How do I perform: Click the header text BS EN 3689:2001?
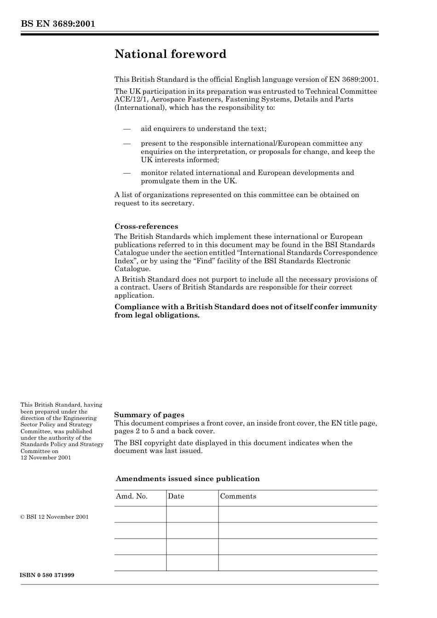[x=57, y=24]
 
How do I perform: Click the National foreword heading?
[x=170, y=54]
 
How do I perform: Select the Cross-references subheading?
[x=146, y=226]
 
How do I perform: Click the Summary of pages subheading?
[x=149, y=414]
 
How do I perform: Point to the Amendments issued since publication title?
[x=187, y=479]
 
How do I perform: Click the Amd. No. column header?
[x=132, y=496]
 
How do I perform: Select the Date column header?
[x=176, y=496]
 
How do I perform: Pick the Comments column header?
[x=238, y=496]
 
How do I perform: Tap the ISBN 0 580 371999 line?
[x=47, y=575]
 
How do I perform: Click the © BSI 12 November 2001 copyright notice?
[x=54, y=517]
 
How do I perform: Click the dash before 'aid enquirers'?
[x=127, y=129]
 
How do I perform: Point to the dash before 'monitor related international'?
[x=127, y=173]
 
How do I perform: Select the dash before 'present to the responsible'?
[x=127, y=143]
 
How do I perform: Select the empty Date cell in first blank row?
[x=192, y=514]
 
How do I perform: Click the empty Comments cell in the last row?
[x=297, y=562]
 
